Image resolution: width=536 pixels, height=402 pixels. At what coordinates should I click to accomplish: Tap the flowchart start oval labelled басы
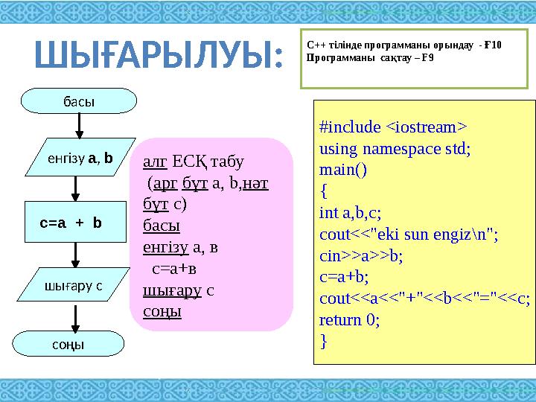(79, 101)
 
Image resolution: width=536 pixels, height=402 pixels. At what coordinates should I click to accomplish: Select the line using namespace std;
(395, 147)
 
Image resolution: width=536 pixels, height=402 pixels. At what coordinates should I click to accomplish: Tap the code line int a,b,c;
(350, 213)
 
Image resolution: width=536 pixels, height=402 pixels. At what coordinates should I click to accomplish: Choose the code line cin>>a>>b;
(361, 256)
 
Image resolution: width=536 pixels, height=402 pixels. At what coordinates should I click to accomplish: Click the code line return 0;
(349, 320)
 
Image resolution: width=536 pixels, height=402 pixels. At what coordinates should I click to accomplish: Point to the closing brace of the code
(322, 342)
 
